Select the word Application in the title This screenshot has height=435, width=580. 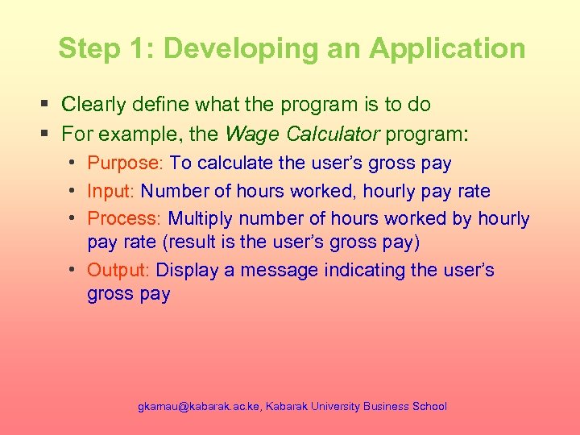click(447, 48)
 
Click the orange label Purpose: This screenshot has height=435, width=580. click(126, 164)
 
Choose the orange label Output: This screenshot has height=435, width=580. click(120, 271)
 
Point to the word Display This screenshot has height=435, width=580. click(189, 271)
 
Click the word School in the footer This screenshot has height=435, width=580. click(429, 407)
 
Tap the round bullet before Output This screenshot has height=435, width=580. click(73, 270)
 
